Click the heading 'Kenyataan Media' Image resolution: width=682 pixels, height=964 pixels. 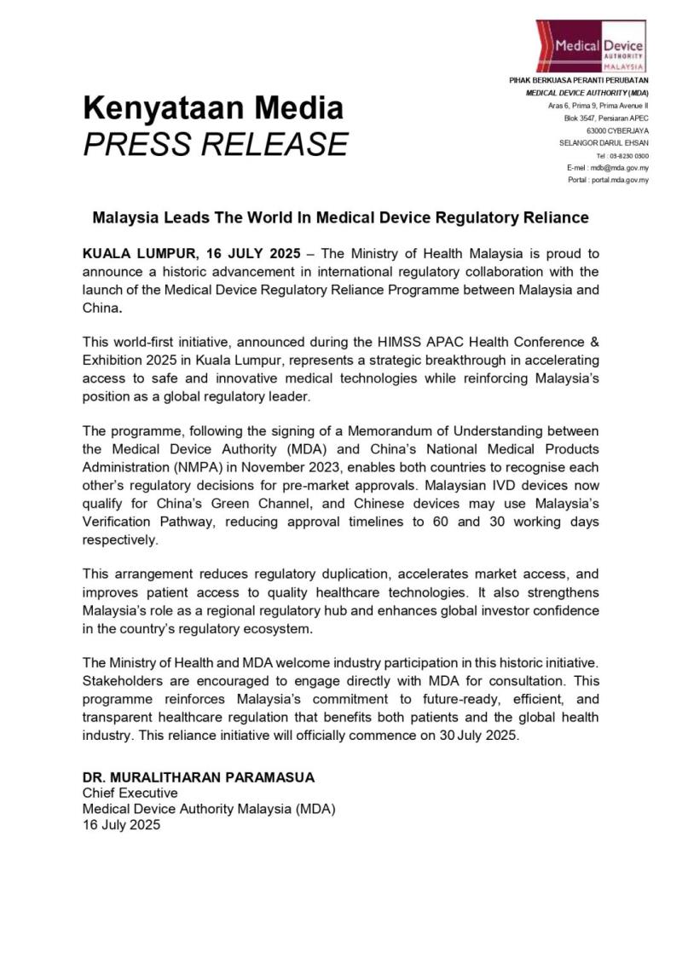point(213,108)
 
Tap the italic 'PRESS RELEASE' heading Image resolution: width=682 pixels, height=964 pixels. point(215,144)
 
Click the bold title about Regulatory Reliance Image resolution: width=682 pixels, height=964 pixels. point(340,217)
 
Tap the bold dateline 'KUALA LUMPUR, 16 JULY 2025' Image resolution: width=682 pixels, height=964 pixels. point(192,254)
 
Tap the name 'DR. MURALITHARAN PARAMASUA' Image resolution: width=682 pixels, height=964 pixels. point(199,777)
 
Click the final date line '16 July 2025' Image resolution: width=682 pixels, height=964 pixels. point(121,825)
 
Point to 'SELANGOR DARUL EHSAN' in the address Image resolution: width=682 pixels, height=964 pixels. point(604,143)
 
